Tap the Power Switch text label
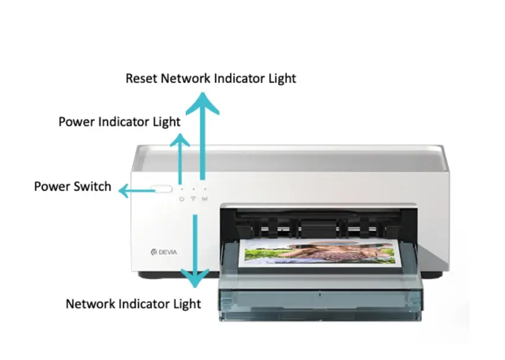point(72,187)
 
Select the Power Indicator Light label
point(119,122)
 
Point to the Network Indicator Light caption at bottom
point(133,304)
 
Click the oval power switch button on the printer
point(161,190)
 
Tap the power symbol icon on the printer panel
point(181,199)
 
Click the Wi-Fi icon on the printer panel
point(193,199)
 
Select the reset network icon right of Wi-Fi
point(204,199)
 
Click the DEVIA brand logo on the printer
point(164,252)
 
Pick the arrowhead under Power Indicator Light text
point(180,141)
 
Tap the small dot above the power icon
point(181,188)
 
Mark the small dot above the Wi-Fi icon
point(193,188)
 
